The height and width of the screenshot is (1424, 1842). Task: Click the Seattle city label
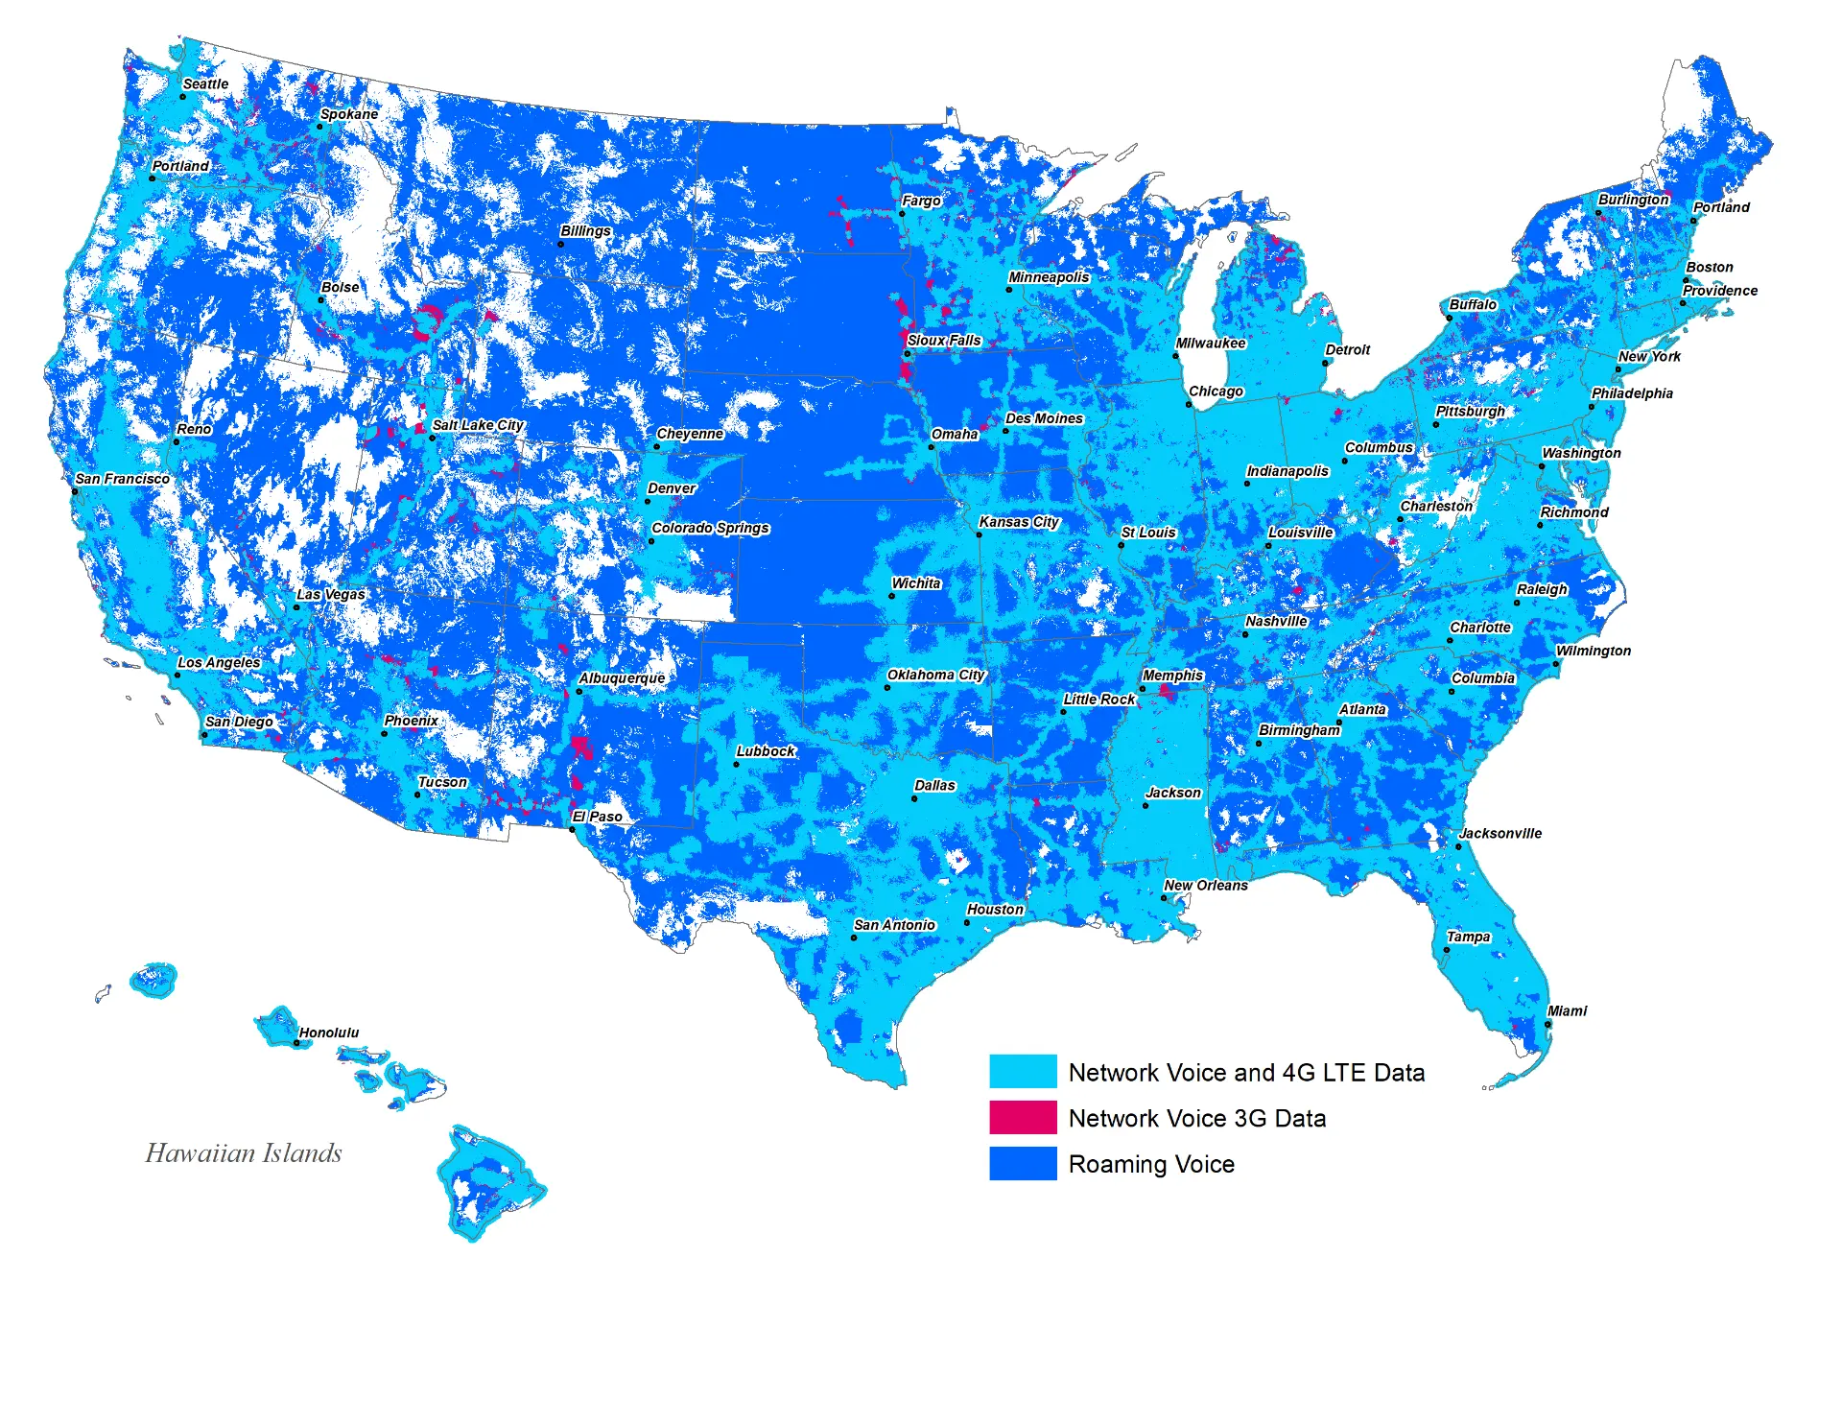click(205, 84)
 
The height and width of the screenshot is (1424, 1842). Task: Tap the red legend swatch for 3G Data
click(1023, 1118)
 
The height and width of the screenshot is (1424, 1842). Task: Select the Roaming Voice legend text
click(1151, 1164)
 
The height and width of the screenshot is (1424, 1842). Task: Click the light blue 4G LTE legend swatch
click(1023, 1072)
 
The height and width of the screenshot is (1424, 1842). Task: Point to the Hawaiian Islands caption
click(244, 1152)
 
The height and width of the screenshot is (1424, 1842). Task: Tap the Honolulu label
click(329, 1032)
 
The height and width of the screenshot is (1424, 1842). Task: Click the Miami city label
click(1567, 1010)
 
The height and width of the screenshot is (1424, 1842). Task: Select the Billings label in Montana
click(585, 231)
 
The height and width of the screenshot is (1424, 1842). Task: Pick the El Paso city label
click(597, 817)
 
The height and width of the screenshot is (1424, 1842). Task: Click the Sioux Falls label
click(944, 341)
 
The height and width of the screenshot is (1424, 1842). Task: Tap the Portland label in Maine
click(1721, 207)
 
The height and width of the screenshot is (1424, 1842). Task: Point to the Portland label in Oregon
click(180, 166)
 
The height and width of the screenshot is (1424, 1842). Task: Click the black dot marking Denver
click(648, 501)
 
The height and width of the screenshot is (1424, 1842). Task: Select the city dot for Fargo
click(902, 213)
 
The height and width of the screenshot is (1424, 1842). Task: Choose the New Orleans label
click(1206, 885)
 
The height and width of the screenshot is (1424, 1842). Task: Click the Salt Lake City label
click(478, 425)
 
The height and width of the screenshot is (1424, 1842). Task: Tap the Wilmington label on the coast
click(1593, 651)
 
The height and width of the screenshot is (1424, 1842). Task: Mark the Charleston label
click(1436, 506)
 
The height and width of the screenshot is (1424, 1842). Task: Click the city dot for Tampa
click(1447, 950)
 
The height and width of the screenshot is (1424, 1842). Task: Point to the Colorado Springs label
click(710, 528)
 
